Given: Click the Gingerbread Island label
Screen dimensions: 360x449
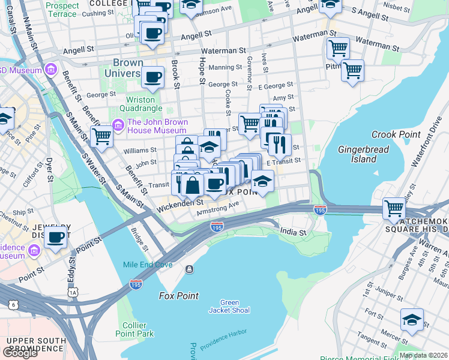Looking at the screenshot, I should [x=363, y=154].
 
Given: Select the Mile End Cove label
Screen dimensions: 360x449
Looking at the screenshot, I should [x=148, y=265].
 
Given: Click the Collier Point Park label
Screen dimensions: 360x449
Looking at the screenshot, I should [x=134, y=329].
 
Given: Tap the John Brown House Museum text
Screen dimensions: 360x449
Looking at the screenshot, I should [x=157, y=126].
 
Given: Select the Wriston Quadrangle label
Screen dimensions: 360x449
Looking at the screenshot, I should [x=143, y=104].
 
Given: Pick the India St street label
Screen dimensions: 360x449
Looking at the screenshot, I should [x=294, y=232].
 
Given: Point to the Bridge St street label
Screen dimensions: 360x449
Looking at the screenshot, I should [x=140, y=239].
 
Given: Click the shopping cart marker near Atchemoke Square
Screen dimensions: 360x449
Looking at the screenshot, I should [x=394, y=209].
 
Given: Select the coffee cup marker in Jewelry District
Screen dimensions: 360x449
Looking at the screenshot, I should [x=56, y=238].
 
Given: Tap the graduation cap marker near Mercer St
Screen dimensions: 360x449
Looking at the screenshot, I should [x=412, y=320].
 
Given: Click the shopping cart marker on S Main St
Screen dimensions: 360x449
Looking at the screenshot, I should [x=101, y=137].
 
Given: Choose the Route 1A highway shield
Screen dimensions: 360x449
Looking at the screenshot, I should [x=73, y=292].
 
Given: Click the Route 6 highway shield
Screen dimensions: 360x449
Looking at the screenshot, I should [x=13, y=305].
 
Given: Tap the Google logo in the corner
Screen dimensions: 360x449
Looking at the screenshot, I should [x=20, y=353].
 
